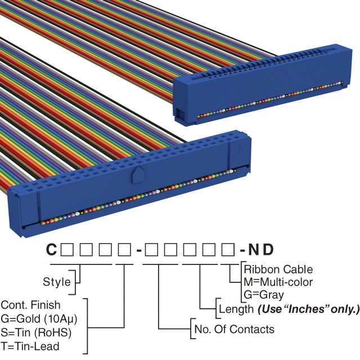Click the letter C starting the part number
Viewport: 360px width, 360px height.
click(51, 249)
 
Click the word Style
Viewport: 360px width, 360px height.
click(57, 281)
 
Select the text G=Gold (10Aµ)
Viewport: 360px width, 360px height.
click(38, 318)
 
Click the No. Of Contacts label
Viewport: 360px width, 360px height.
click(234, 329)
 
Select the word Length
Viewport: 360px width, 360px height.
click(235, 309)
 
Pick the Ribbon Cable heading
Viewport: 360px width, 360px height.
click(278, 269)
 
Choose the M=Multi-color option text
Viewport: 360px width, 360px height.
click(278, 282)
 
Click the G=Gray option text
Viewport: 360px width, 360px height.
click(264, 294)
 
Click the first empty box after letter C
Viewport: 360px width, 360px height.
click(67, 249)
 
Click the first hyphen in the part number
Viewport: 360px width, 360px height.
click(138, 250)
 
